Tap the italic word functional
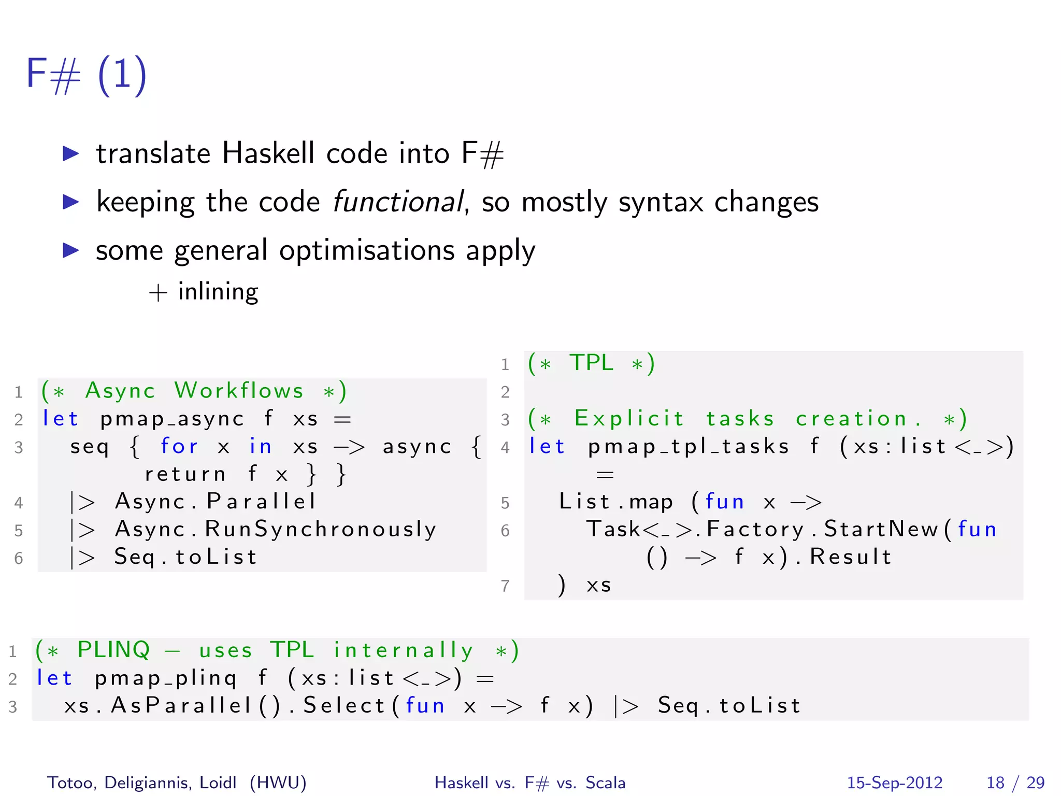coord(397,202)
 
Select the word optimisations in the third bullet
coord(367,250)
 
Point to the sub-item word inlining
coord(218,292)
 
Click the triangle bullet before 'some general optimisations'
coord(70,250)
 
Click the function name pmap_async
coord(171,419)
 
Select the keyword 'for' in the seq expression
coord(179,446)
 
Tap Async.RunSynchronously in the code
coord(276,529)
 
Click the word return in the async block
coord(185,474)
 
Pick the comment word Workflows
coord(239,391)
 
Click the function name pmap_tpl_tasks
coord(688,446)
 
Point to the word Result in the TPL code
coord(850,557)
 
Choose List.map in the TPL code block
coord(615,502)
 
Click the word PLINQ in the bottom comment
coord(114,650)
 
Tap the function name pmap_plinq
coord(166,678)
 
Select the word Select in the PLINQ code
coord(343,706)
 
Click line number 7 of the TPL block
coord(505,586)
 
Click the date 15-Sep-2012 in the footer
coord(895,783)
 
